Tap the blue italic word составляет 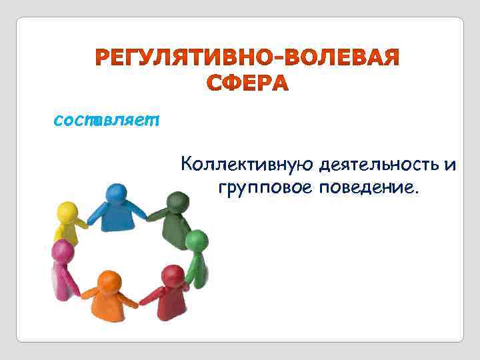[107, 121]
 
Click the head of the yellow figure [66, 212]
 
